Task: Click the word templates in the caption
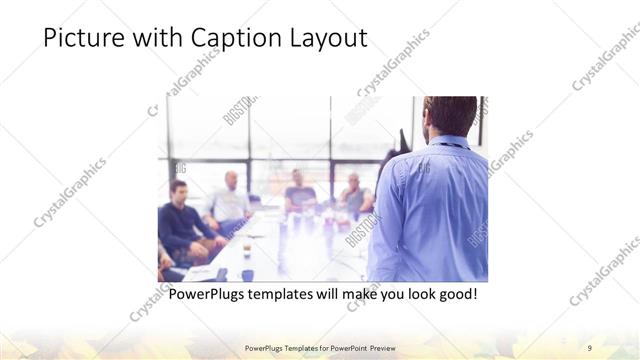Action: (286, 295)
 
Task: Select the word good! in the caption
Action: (457, 295)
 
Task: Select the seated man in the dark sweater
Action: (180, 220)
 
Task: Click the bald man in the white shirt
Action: (231, 200)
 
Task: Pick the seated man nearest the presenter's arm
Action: (354, 195)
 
